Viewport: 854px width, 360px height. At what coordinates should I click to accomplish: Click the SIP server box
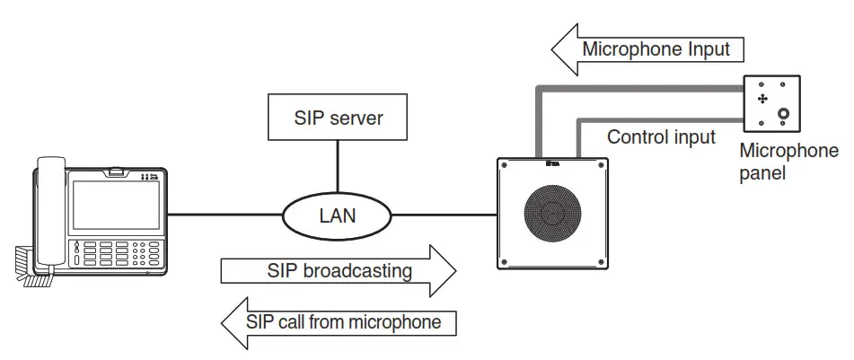338,117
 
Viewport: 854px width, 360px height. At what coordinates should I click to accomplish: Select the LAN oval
337,215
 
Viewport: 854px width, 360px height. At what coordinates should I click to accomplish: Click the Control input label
661,137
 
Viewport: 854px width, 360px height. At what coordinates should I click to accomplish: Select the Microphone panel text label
788,162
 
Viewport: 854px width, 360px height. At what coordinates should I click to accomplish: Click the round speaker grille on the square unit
552,214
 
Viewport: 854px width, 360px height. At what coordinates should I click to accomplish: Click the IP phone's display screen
115,204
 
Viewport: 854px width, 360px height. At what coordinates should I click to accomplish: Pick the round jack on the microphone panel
784,114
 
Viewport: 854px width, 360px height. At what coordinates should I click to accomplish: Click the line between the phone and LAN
225,215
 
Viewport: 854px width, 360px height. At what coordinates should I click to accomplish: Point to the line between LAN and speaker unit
445,215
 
